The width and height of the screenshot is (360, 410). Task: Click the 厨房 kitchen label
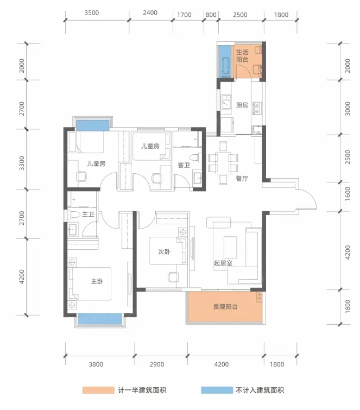[x=242, y=105]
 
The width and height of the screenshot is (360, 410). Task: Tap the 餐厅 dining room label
[x=242, y=179]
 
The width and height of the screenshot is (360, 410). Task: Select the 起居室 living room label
[x=223, y=263]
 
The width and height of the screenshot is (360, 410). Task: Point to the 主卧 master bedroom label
[x=97, y=281]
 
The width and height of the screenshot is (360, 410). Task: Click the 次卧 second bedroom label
[x=164, y=251]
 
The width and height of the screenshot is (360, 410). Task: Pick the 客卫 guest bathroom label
[x=184, y=165]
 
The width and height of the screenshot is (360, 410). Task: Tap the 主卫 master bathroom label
[x=88, y=215]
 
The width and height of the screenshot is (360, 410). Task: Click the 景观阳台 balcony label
[x=225, y=307]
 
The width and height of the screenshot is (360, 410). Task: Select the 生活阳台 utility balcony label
[x=242, y=56]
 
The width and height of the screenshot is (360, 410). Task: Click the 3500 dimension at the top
[x=92, y=13]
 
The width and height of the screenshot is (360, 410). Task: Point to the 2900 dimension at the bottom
[x=157, y=364]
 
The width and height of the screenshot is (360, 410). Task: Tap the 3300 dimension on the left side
[x=22, y=163]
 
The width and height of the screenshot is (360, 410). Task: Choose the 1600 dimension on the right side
[x=348, y=194]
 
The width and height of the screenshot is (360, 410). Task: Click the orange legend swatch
[x=98, y=390]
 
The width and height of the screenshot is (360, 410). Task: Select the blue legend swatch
[x=217, y=390]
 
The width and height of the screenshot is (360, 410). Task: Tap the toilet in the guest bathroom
[x=196, y=157]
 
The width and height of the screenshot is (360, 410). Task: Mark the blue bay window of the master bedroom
[x=100, y=319]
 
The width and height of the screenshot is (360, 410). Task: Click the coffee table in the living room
[x=230, y=248]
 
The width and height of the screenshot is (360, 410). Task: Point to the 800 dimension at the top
[x=211, y=15]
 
